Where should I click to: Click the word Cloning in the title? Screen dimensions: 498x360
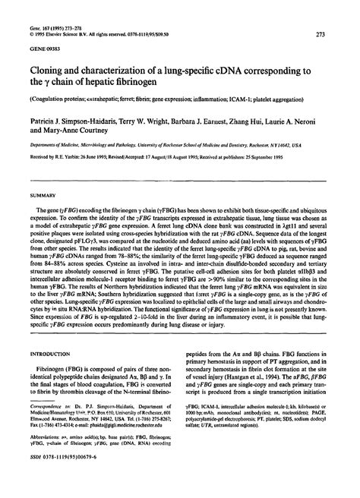pos(48,71)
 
